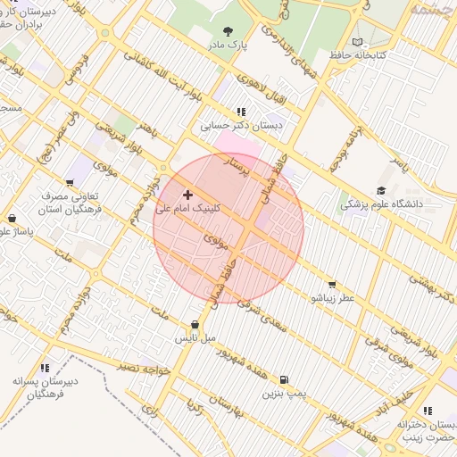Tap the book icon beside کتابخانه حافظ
point(358,42)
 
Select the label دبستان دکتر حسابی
point(240,126)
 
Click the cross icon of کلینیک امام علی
point(187,194)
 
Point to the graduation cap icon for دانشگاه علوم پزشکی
point(381,190)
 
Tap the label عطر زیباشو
point(333,297)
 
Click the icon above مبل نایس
point(195,325)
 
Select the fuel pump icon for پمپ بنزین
point(284,380)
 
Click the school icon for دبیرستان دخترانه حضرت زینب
point(427,411)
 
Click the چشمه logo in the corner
point(432,9)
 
